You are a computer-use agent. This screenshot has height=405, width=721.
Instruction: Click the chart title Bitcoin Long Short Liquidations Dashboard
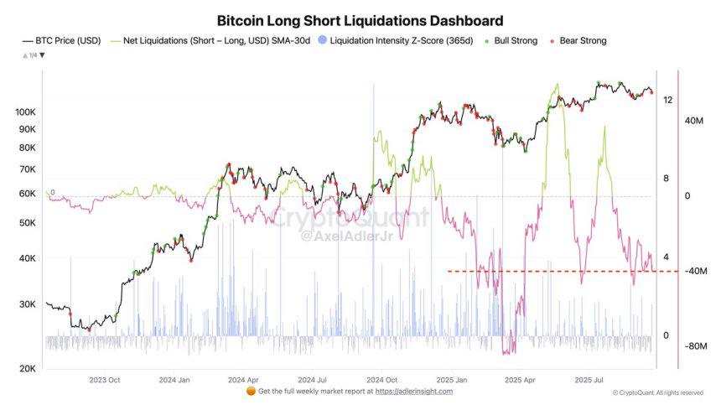(x=360, y=20)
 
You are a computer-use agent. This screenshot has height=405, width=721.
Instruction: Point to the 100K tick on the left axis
(x=25, y=112)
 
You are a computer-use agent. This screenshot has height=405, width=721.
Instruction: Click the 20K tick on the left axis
(x=27, y=369)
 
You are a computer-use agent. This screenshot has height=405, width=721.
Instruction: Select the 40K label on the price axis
(x=27, y=258)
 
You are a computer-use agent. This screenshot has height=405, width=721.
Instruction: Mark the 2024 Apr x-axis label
(x=242, y=380)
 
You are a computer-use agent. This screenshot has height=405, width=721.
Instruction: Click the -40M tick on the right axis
(x=697, y=271)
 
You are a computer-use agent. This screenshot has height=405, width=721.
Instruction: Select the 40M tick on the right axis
(x=694, y=121)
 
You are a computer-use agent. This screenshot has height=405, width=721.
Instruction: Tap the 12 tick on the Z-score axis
(x=667, y=100)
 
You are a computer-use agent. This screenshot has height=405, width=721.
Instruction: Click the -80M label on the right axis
(x=697, y=345)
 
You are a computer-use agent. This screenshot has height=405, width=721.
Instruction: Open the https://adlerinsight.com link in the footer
(x=413, y=392)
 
